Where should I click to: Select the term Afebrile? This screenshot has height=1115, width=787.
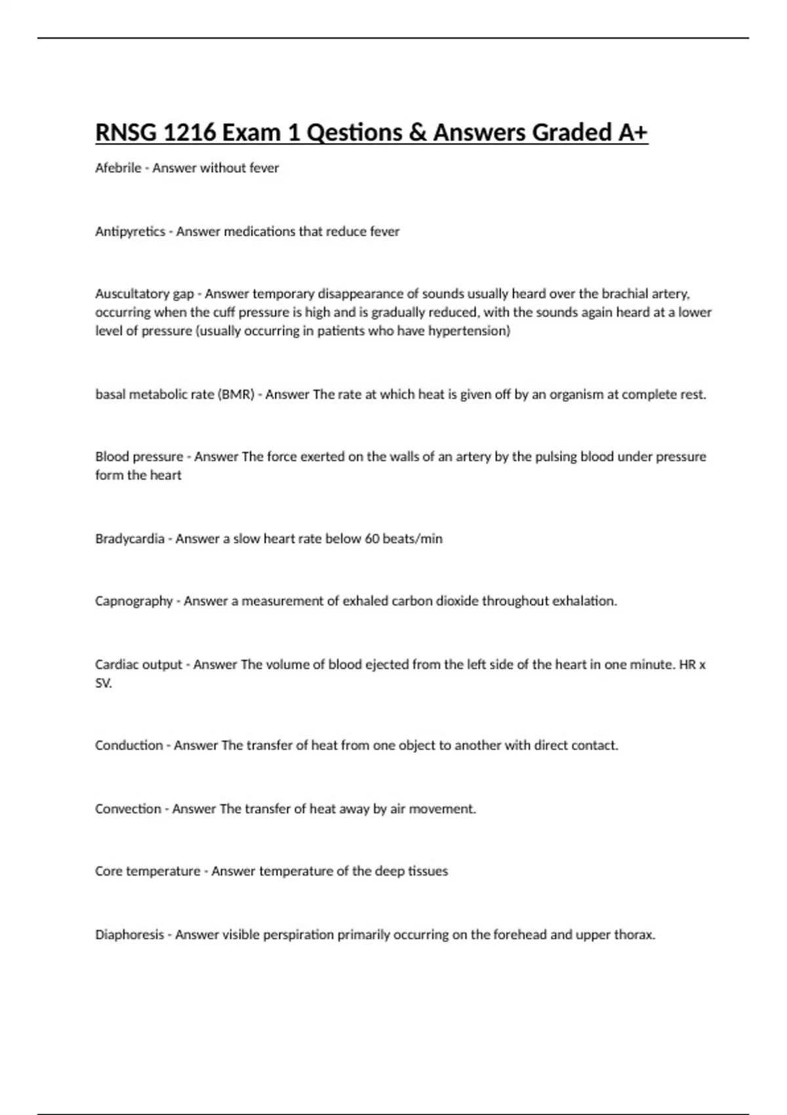tap(118, 168)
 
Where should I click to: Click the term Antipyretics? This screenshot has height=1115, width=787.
tap(130, 232)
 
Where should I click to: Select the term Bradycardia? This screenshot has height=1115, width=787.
tap(129, 538)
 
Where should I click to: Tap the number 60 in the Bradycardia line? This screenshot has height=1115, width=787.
tap(372, 538)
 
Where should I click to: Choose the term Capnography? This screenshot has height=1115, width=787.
tap(134, 601)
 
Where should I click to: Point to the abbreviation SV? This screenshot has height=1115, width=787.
tap(103, 683)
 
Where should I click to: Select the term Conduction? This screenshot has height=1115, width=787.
tap(129, 745)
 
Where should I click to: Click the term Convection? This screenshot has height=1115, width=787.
tap(128, 809)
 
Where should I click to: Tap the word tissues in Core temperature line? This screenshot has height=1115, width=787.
tap(428, 871)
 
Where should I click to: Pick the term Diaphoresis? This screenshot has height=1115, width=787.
tap(129, 935)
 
